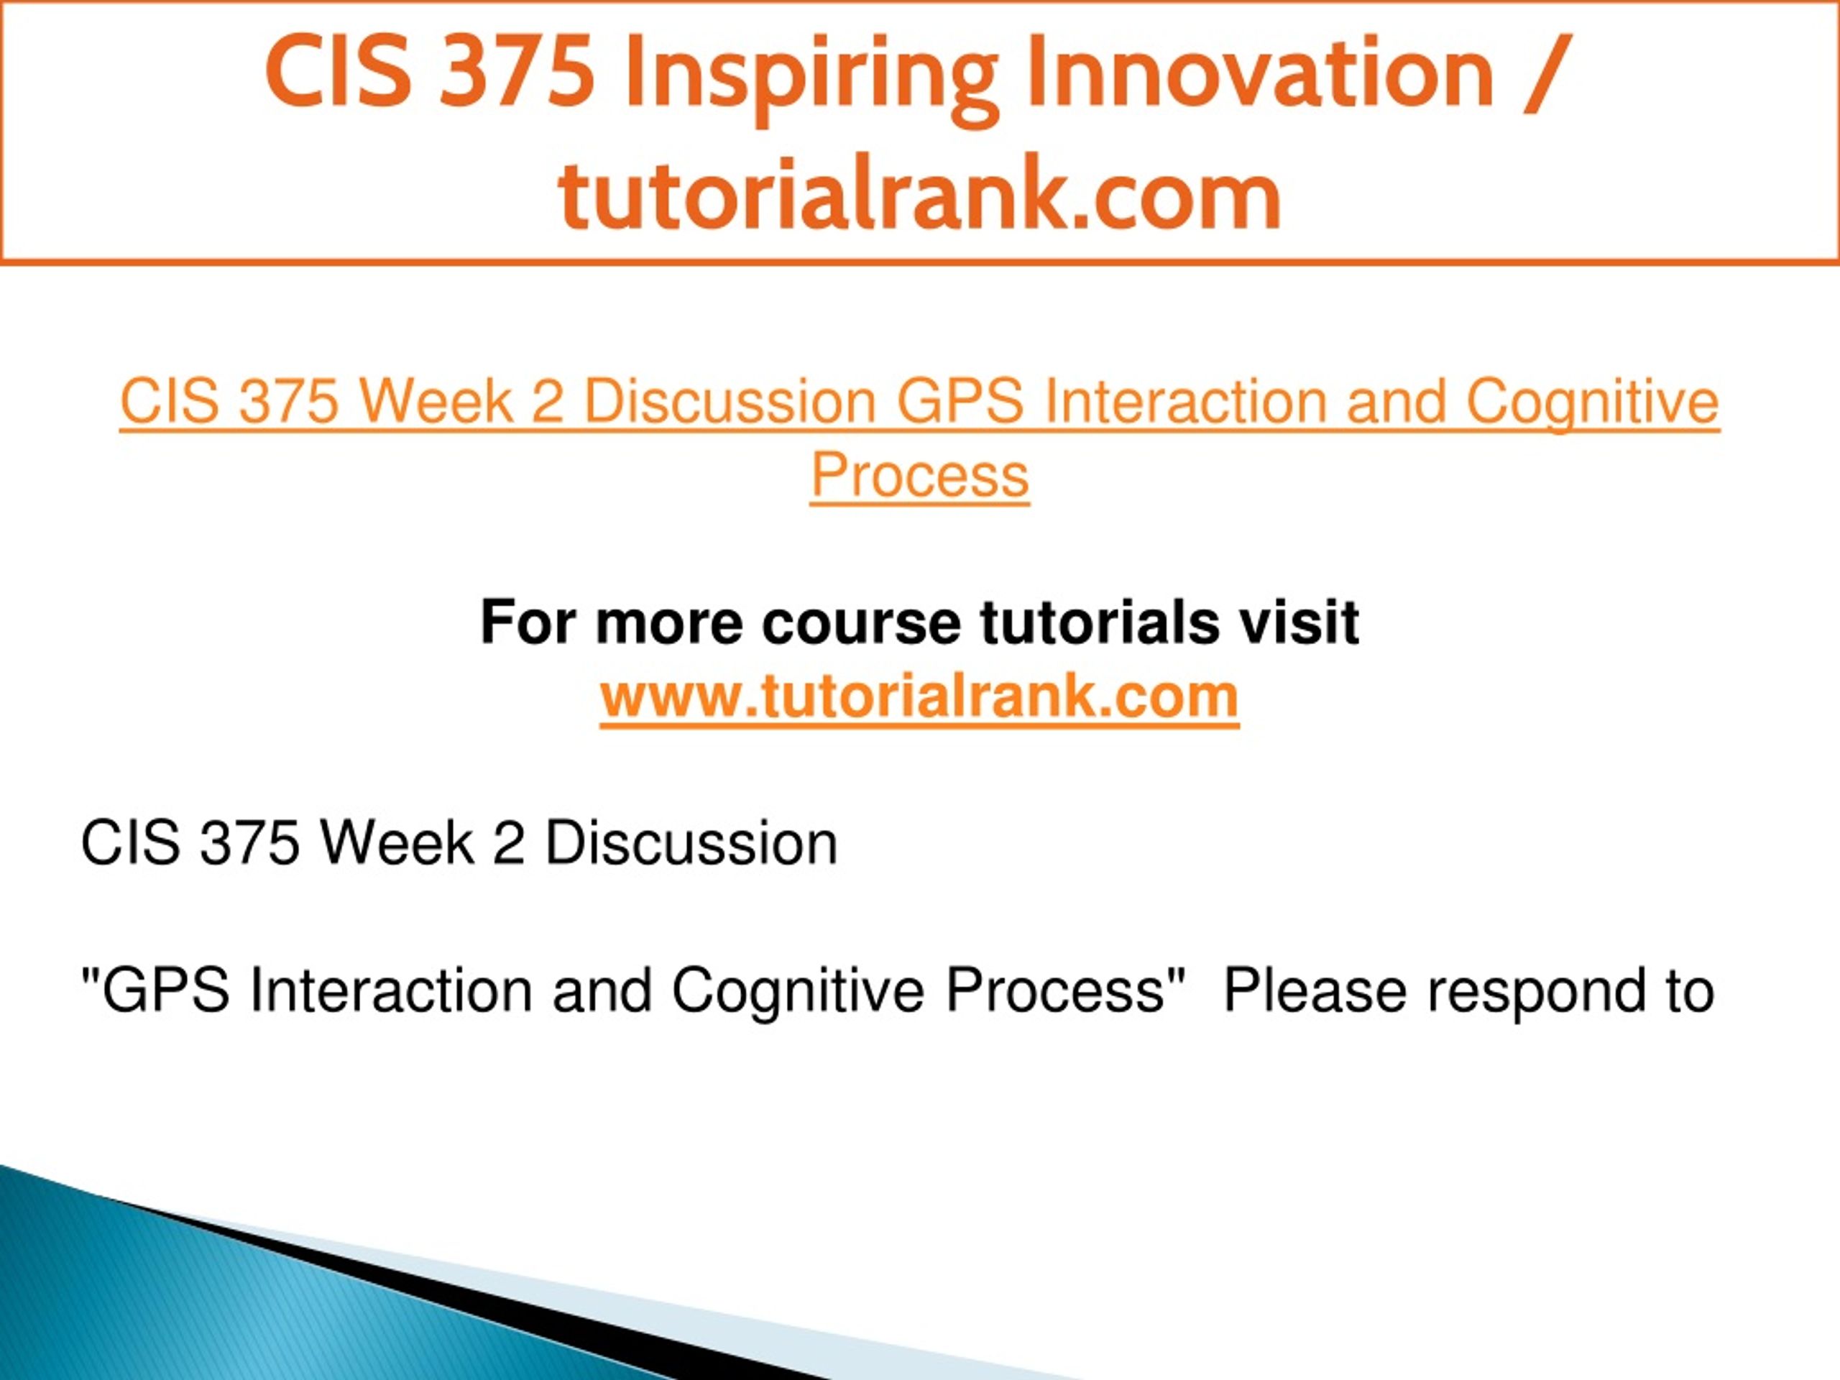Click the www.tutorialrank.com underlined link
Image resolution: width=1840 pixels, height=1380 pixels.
(919, 696)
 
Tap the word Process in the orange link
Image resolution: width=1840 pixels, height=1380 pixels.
(920, 475)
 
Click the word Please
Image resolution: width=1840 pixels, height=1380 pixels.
(1315, 990)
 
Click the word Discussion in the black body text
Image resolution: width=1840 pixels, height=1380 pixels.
(691, 844)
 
